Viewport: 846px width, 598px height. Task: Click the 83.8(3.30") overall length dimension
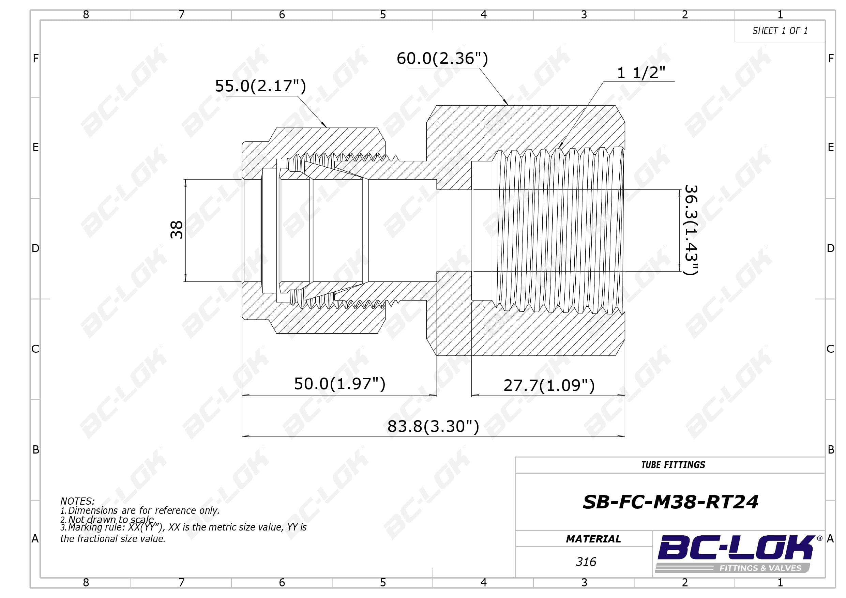433,426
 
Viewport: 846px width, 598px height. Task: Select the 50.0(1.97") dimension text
339,384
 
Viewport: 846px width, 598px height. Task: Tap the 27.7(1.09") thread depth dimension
549,385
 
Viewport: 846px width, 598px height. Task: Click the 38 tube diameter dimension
177,230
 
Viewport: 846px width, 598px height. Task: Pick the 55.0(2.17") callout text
260,86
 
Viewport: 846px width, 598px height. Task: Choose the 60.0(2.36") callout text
442,58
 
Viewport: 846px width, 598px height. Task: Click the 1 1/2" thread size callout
641,73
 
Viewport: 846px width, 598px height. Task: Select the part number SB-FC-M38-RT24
670,502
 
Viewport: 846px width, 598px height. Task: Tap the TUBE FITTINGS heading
673,465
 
